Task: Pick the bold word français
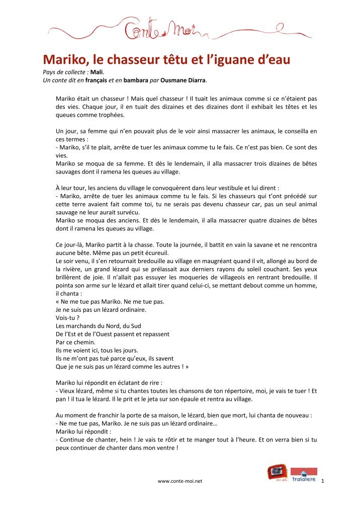(x=98, y=80)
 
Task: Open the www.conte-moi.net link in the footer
(x=179, y=481)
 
